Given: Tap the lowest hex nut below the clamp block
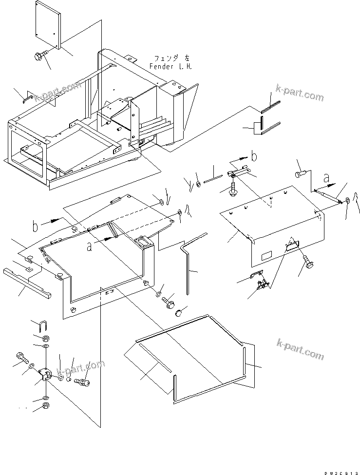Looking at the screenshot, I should coord(44,405).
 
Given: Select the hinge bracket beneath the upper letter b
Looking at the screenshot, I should coord(239,172).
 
